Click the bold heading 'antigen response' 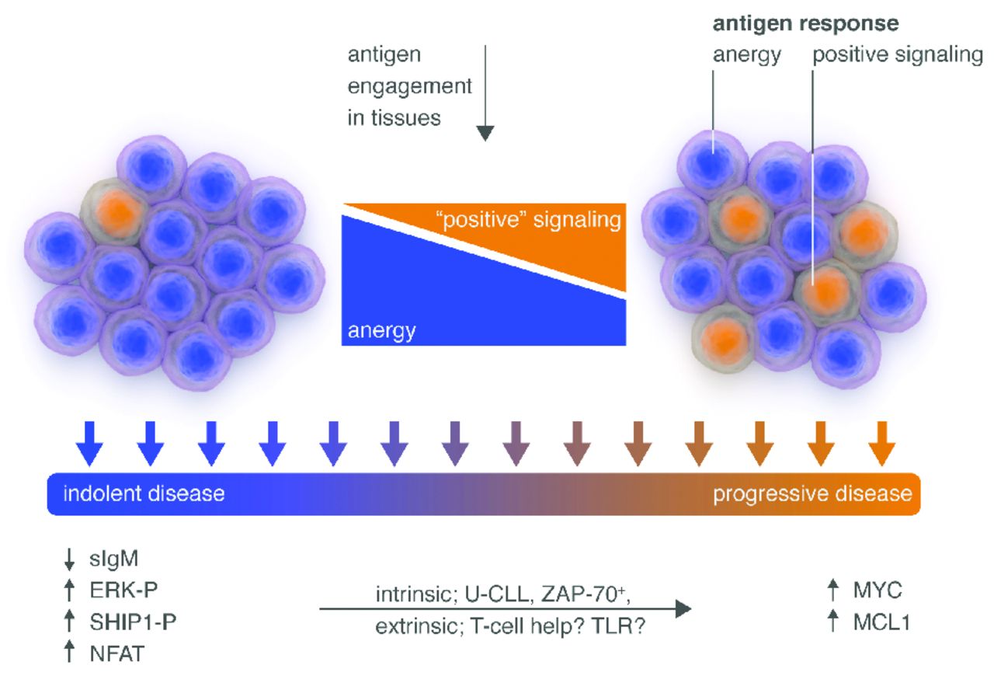coord(805,23)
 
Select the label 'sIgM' coord(110,559)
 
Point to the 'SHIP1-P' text coord(127,622)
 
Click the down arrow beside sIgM coord(69,559)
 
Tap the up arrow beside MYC coord(833,591)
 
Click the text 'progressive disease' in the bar coord(812,493)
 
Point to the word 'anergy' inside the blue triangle coord(381,331)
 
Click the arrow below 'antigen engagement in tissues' coord(485,93)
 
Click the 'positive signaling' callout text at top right coord(898,56)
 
